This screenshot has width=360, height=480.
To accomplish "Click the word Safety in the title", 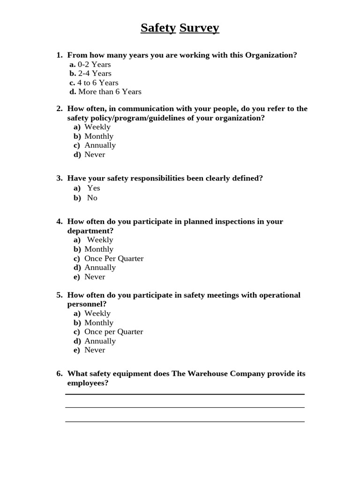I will [x=158, y=28].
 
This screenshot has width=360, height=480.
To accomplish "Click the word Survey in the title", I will [x=199, y=28].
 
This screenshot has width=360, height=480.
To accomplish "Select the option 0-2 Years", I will [x=94, y=64].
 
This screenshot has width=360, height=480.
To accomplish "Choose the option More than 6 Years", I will [x=110, y=92].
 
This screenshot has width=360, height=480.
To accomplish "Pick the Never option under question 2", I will [x=95, y=155].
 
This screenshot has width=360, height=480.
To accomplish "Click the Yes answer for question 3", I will [x=94, y=188].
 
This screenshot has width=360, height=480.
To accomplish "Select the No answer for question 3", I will [x=92, y=198].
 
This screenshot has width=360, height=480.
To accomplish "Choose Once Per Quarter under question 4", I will [x=114, y=258].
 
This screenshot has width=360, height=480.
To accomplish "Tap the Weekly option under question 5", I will [x=97, y=313].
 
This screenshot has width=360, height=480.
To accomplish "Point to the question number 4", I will [x=60, y=221].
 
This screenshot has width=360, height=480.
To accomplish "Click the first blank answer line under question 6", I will [x=185, y=394].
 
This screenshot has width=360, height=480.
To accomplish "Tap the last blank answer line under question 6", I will [x=185, y=421].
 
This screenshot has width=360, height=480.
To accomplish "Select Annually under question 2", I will [x=100, y=145].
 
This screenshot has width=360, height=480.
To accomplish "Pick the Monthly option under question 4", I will [x=99, y=249].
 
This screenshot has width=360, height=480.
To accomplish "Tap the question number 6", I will [x=60, y=374].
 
